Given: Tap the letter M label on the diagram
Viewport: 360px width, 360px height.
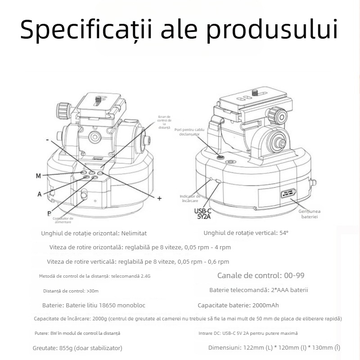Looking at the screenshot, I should (x=38, y=175).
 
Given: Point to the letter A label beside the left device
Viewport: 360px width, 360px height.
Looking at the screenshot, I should (x=40, y=194).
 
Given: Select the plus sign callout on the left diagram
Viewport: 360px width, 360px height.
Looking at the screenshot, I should (x=159, y=198).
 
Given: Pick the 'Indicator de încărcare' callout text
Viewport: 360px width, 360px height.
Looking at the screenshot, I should (x=190, y=199).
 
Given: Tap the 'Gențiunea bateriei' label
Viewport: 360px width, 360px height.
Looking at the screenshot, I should (x=309, y=214).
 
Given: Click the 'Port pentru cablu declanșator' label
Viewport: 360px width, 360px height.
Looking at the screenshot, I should (x=189, y=131).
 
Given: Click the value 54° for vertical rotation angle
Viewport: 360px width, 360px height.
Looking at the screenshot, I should (x=283, y=233).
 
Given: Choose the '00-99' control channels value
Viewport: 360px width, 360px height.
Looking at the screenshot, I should (x=293, y=275).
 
